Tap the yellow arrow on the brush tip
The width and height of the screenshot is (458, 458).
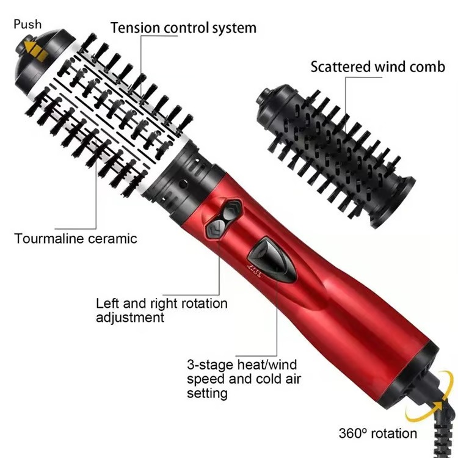[x=35, y=51]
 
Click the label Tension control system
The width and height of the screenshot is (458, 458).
[x=183, y=27]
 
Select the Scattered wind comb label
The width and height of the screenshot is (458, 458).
[x=377, y=67]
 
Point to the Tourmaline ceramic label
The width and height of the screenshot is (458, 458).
[x=76, y=238]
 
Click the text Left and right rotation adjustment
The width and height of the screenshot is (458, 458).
[x=161, y=310]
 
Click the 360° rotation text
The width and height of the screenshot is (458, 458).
[x=378, y=434]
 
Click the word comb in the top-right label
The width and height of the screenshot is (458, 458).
[x=428, y=67]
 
